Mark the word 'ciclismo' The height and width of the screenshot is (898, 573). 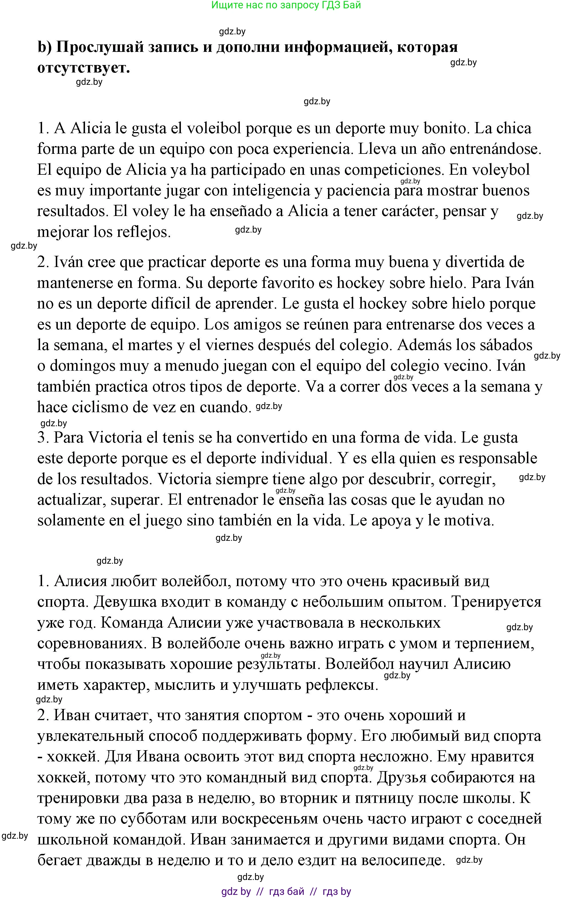point(98,407)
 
